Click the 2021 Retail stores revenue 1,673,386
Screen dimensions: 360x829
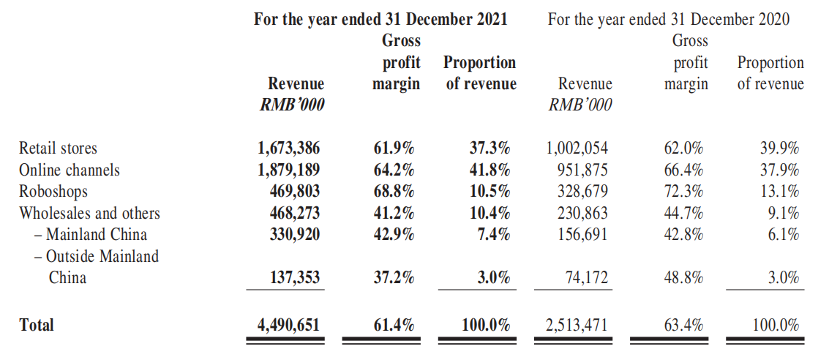(x=289, y=149)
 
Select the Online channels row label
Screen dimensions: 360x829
(x=70, y=170)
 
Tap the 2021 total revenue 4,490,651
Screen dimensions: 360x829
(x=289, y=326)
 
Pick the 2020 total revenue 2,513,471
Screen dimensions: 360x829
(x=577, y=326)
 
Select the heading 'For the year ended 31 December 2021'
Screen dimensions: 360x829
(x=380, y=20)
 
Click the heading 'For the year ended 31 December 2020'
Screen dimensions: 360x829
(x=669, y=20)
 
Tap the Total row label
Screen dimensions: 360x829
(x=37, y=326)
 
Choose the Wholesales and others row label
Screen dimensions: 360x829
(x=89, y=214)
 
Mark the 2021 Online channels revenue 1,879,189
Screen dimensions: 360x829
(x=289, y=170)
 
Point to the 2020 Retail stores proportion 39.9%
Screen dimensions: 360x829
(x=780, y=149)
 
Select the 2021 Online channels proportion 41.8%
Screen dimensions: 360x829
(x=490, y=170)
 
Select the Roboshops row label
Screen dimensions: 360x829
(x=53, y=192)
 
